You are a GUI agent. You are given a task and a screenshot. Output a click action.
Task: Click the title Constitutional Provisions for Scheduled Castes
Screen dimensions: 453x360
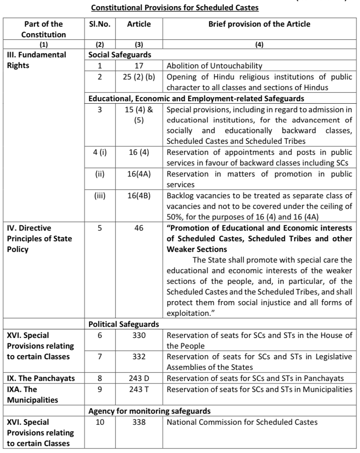(x=175, y=7)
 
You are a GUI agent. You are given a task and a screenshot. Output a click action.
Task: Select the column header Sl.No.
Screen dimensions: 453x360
(x=98, y=24)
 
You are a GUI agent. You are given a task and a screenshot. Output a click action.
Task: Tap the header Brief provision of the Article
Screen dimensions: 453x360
(x=259, y=24)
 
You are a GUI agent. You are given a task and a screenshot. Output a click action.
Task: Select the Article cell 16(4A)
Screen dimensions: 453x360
(x=139, y=174)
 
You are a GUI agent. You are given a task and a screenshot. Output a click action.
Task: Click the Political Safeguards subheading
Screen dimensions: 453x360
(x=124, y=324)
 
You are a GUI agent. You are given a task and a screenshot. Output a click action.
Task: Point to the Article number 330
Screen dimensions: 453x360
(x=139, y=335)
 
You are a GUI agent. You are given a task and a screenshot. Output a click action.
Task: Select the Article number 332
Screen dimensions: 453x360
(x=139, y=357)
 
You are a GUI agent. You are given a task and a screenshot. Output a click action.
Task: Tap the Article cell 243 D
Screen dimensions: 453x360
(x=139, y=378)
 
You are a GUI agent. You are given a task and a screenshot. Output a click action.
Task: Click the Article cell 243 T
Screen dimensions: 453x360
(x=139, y=389)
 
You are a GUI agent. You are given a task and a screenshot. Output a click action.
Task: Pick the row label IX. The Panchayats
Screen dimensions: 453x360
(x=41, y=378)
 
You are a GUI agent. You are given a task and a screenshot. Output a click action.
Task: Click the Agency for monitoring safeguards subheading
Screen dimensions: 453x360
(x=150, y=411)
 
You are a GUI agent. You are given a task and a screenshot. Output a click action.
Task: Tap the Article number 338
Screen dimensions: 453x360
(x=139, y=422)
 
